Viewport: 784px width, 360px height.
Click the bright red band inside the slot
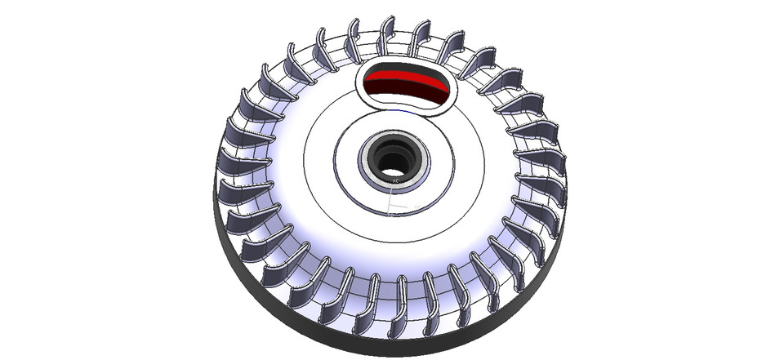(x=405, y=82)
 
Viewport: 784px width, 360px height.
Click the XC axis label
(x=395, y=180)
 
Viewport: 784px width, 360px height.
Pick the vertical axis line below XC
(x=391, y=196)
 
